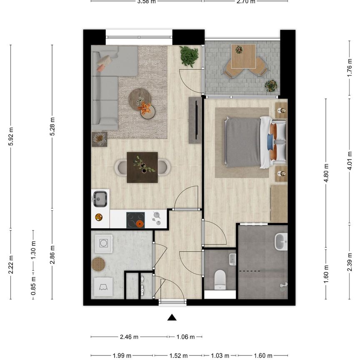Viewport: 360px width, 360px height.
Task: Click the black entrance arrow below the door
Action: tap(171, 318)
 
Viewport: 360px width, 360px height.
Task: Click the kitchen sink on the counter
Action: tap(100, 199)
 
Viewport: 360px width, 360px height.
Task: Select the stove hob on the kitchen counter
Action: tap(136, 219)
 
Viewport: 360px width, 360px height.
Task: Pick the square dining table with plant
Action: tap(142, 167)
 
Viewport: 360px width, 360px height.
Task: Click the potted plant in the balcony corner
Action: tap(271, 85)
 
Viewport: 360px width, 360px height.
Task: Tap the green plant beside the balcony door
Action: tap(189, 56)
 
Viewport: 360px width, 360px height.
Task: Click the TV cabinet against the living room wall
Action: tap(195, 120)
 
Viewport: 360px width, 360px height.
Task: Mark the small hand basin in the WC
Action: tap(232, 259)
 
